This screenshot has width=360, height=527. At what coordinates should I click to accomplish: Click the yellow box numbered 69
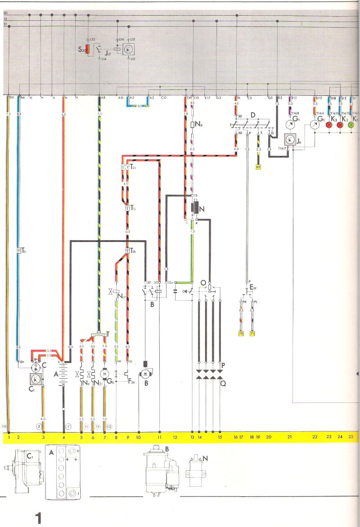258,167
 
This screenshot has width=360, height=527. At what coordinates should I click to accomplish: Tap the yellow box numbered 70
240,333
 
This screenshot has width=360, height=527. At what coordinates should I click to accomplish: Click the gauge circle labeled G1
291,124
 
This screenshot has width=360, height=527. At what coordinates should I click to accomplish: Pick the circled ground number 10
4,426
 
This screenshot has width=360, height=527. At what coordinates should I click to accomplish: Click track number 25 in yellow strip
351,436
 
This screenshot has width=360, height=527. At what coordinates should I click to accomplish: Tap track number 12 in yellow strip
175,436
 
